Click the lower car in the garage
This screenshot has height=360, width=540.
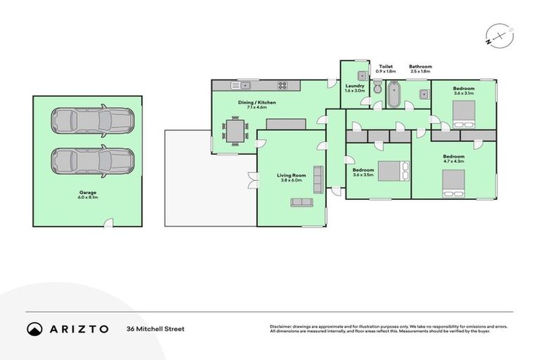pyautogui.click(x=92, y=161)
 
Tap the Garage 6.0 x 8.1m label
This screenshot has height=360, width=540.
pyautogui.click(x=88, y=194)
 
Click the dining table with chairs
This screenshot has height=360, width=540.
pyautogui.click(x=236, y=131)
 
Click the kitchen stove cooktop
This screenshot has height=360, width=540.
pyautogui.click(x=283, y=86)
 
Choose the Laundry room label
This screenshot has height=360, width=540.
pyautogui.click(x=354, y=87)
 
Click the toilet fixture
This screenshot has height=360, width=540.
pyautogui.click(x=378, y=89)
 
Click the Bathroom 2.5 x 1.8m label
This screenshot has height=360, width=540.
pyautogui.click(x=420, y=69)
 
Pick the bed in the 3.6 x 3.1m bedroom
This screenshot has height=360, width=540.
pyautogui.click(x=465, y=113)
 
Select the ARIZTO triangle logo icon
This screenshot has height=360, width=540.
pyautogui.click(x=34, y=328)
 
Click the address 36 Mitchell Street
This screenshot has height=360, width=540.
pyautogui.click(x=155, y=328)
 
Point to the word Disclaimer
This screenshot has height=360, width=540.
pyautogui.click(x=281, y=326)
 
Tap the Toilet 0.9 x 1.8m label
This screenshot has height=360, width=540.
pyautogui.click(x=385, y=69)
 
